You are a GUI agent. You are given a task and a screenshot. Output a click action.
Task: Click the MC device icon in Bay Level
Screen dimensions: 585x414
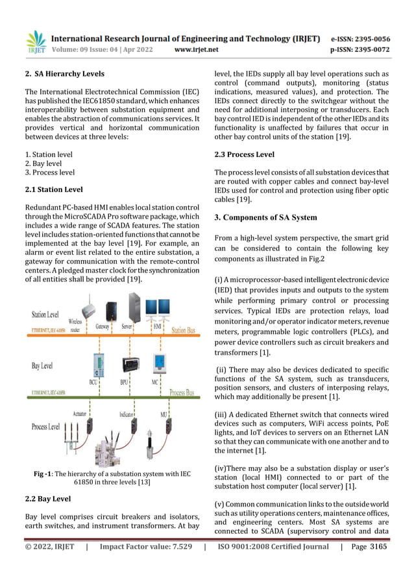tap(156, 364)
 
